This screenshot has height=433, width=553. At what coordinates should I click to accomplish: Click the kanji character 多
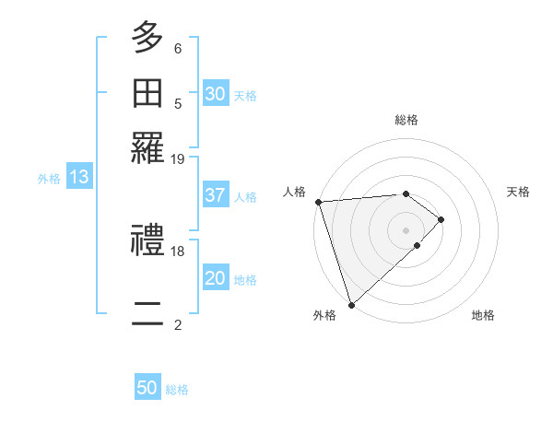click(x=147, y=38)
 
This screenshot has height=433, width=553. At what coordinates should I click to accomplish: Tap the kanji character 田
click(x=147, y=93)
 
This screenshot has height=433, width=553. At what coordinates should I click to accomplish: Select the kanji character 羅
click(x=147, y=148)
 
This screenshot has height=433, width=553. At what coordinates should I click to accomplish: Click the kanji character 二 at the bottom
click(x=147, y=314)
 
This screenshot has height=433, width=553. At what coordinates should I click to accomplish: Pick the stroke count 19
click(x=178, y=158)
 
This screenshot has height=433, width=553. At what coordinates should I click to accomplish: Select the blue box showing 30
click(x=216, y=93)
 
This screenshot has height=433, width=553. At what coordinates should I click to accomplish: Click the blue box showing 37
click(x=216, y=195)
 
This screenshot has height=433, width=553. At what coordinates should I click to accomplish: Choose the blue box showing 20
click(x=216, y=279)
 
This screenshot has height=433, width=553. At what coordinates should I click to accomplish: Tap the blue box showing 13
click(x=78, y=178)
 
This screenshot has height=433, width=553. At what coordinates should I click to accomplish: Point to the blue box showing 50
click(x=147, y=389)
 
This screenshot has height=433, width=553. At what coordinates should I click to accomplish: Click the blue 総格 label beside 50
click(x=177, y=390)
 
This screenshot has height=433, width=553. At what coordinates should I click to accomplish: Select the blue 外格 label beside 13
click(x=48, y=179)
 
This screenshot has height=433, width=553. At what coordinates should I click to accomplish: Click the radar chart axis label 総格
click(x=406, y=120)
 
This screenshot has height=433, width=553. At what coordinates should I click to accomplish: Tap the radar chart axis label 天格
click(x=518, y=192)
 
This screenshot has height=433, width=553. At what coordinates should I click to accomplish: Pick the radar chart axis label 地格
click(x=483, y=316)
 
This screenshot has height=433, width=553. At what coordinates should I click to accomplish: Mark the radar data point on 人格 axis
click(x=317, y=202)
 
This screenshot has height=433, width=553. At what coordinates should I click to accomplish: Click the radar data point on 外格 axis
click(x=351, y=304)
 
